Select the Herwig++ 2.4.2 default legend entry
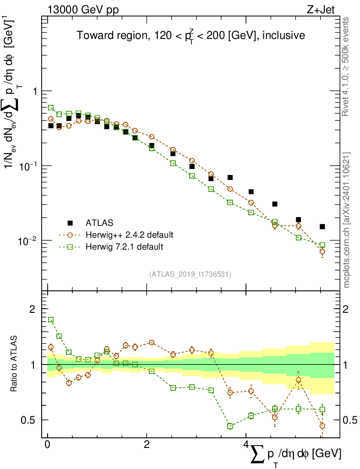pos(129,235)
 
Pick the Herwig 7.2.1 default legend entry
pos(124,247)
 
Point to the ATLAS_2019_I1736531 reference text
pos(190,274)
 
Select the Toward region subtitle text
pos(191,35)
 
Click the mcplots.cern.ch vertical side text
pos(347,220)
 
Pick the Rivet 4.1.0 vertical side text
pos(347,66)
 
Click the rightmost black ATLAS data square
pos(322,227)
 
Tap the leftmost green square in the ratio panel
pos(51,320)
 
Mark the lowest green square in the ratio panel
pos(230,426)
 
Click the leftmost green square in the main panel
pos(51,108)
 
